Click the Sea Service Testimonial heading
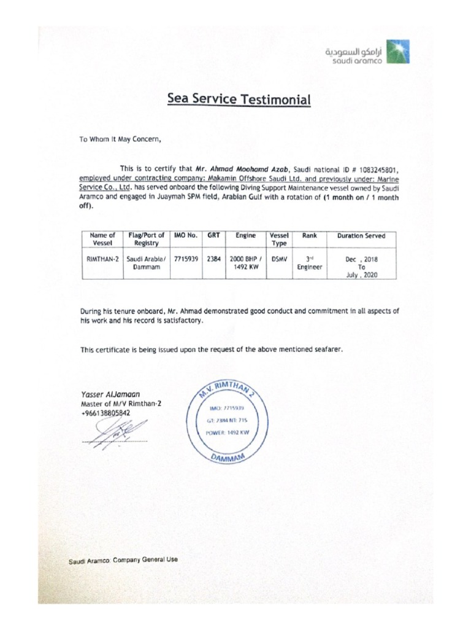(239, 100)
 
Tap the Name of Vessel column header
(102, 239)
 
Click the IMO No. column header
(186, 235)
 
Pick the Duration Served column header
(361, 235)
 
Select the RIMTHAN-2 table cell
(102, 259)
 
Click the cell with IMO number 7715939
(186, 259)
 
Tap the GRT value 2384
(214, 259)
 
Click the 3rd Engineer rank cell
(309, 263)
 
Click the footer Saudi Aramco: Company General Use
(123, 561)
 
